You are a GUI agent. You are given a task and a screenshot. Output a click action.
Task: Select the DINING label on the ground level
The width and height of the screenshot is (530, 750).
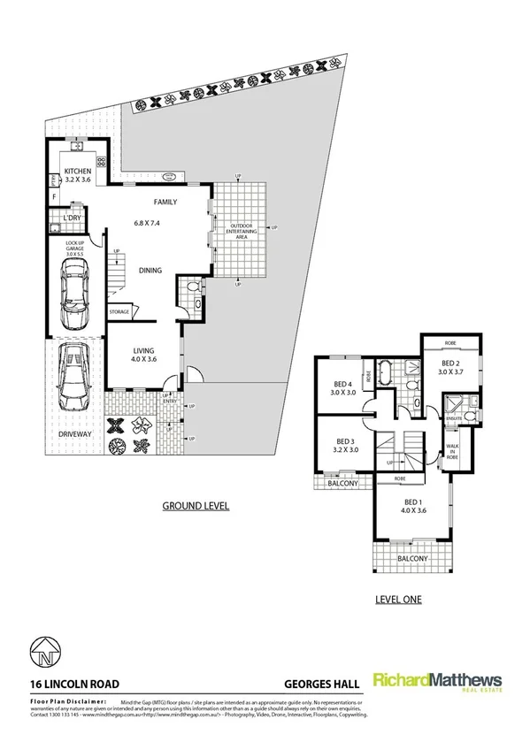(x=150, y=271)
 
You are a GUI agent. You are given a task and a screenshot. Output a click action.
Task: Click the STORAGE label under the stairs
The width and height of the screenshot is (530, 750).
(x=119, y=312)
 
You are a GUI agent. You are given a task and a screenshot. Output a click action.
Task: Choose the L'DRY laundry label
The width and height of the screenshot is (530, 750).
(x=73, y=217)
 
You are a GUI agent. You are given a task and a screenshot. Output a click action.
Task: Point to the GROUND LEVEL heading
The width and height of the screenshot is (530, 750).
(x=196, y=507)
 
